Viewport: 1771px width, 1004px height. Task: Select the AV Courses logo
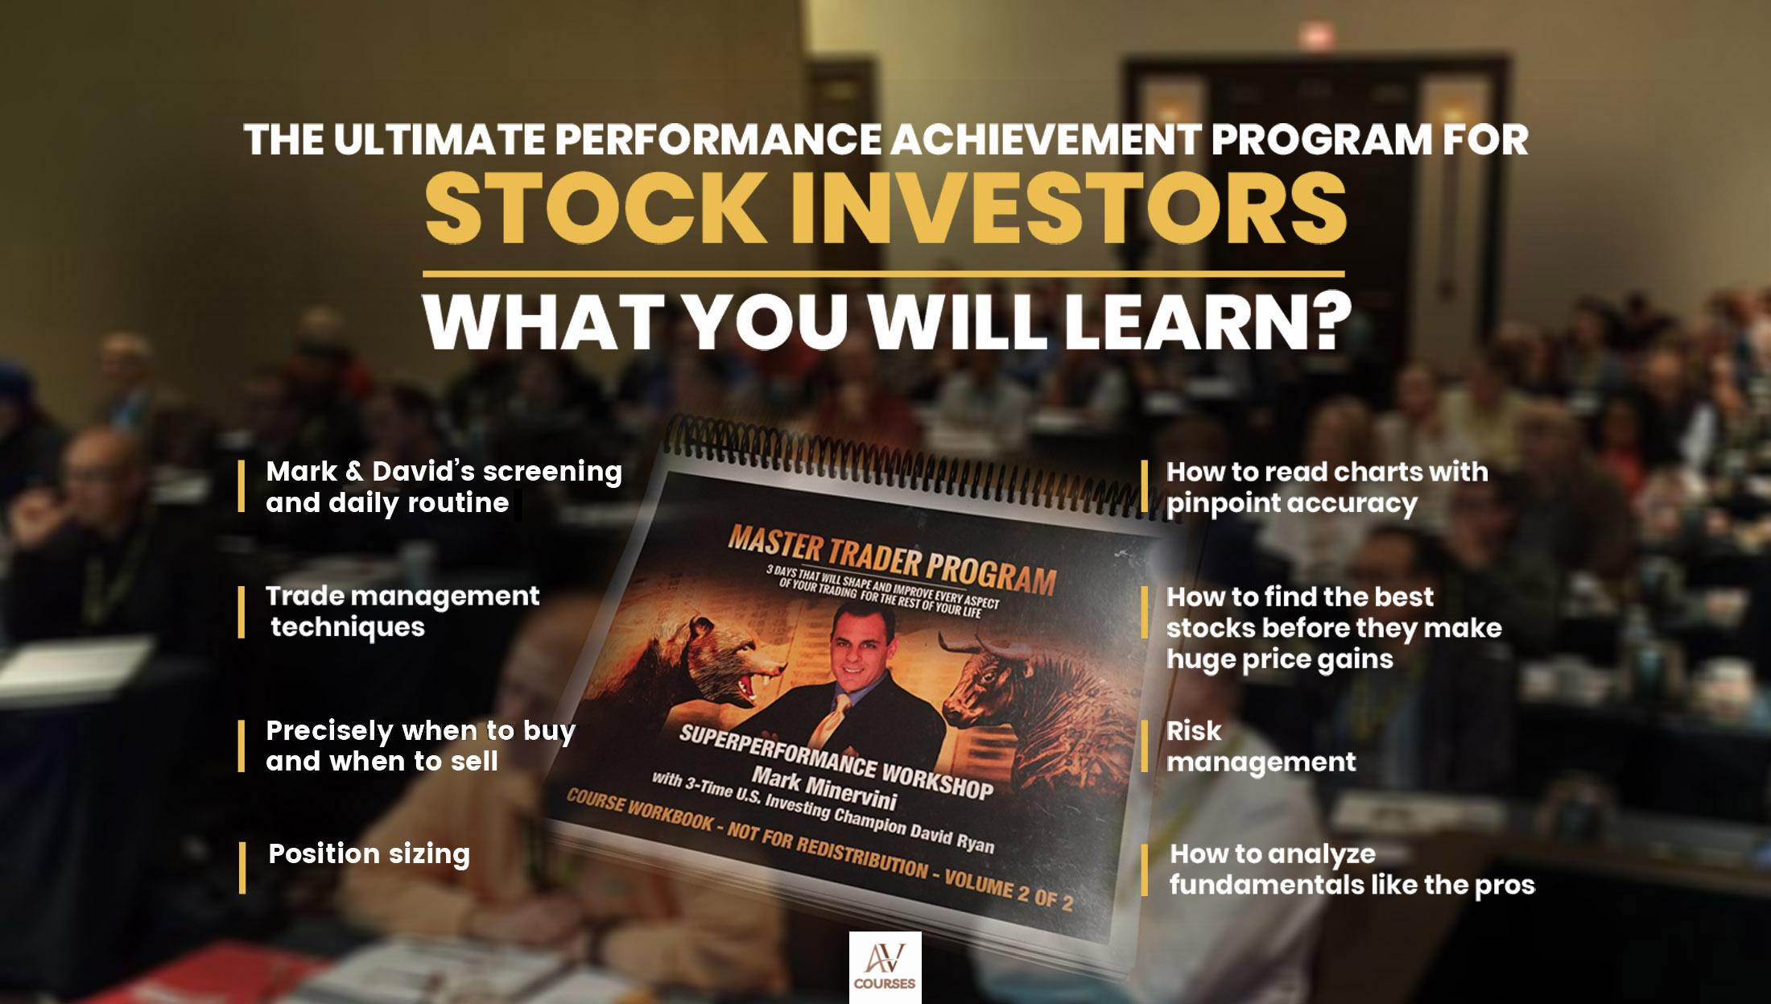pyautogui.click(x=885, y=967)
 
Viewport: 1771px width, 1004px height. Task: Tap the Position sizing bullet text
pyautogui.click(x=369, y=854)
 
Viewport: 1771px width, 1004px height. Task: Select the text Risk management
pyautogui.click(x=1261, y=746)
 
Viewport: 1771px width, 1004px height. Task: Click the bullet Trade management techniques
pyautogui.click(x=402, y=611)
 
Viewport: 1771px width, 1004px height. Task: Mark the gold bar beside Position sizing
pyautogui.click(x=242, y=868)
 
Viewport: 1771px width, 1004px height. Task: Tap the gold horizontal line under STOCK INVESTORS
pyautogui.click(x=885, y=274)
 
